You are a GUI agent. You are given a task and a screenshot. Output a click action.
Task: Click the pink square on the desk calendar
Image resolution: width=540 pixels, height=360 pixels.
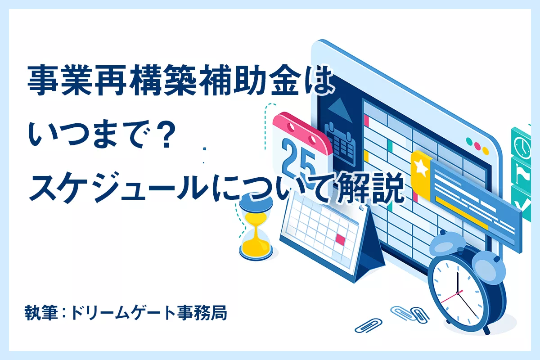click(x=340, y=239)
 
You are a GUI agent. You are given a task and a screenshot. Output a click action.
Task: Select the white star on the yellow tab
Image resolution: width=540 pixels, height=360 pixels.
click(x=421, y=167)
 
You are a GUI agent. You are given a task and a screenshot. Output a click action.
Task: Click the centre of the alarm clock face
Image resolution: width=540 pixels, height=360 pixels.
click(x=458, y=293)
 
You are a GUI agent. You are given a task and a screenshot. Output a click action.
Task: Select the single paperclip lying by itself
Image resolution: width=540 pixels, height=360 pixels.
click(x=369, y=325)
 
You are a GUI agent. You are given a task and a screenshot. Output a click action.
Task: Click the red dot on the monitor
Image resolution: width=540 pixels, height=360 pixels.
click(x=477, y=146)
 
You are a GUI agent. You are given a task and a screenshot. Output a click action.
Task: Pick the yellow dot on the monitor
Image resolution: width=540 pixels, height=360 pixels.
click(x=486, y=151)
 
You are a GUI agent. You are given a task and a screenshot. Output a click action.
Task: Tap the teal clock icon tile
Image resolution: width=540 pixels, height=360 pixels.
click(x=522, y=144)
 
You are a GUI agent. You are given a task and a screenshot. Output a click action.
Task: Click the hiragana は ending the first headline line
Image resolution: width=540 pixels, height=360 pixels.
click(x=319, y=81)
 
